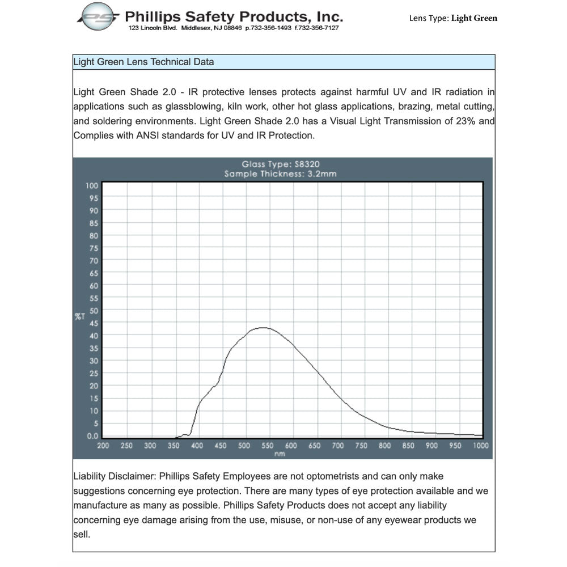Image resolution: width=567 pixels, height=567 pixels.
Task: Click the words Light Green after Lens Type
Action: tap(474, 18)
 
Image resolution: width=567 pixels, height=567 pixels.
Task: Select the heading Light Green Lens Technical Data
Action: tap(143, 62)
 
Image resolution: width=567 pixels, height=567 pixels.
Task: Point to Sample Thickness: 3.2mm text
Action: tap(280, 174)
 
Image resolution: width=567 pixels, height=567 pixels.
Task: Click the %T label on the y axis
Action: tap(79, 316)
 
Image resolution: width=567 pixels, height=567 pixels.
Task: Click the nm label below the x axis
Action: tap(280, 454)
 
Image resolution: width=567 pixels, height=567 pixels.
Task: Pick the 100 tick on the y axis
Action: tap(92, 185)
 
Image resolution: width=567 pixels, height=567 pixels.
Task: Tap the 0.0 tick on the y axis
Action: tap(92, 436)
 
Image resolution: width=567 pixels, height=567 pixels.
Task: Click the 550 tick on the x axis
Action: tap(268, 446)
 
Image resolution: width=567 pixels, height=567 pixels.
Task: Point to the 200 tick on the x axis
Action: tap(103, 446)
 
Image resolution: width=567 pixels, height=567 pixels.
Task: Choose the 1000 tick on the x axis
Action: tap(481, 446)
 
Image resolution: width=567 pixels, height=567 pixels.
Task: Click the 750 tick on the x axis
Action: tap(362, 446)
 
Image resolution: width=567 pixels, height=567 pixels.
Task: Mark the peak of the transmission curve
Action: tap(263, 327)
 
